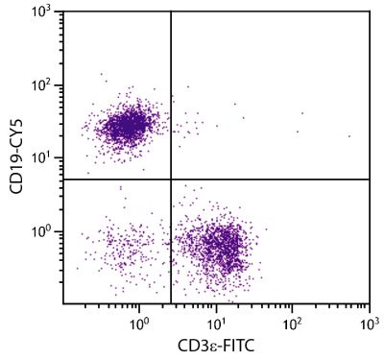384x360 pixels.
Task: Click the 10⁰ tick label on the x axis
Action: (x=138, y=318)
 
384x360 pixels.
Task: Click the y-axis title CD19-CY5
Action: (x=17, y=156)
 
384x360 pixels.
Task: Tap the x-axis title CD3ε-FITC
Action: (x=216, y=344)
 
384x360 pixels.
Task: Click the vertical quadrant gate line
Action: (x=171, y=96)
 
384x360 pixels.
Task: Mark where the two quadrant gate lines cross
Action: (x=171, y=180)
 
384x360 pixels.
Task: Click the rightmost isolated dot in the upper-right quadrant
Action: (x=348, y=136)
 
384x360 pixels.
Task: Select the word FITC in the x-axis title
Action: (x=240, y=344)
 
